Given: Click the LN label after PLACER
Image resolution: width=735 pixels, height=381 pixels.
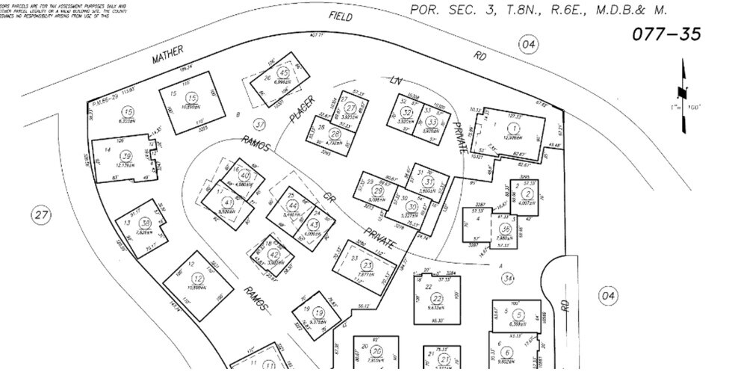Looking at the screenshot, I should coord(397,80).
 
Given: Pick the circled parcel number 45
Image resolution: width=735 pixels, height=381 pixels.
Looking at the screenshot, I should coord(282,72).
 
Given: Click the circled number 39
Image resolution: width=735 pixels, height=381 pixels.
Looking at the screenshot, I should coord(127,155).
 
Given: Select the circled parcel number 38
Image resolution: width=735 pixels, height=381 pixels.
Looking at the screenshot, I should coord(146,223).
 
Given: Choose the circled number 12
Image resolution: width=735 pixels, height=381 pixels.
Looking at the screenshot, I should coord(197,278).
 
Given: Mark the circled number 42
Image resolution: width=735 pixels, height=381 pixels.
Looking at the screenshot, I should coord(273,254).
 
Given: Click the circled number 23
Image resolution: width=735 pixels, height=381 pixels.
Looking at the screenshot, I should coord(367,265).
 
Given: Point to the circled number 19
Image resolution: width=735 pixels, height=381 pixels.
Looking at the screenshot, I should coord(318,313).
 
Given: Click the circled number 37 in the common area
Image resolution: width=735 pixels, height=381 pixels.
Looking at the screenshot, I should coord(259,123).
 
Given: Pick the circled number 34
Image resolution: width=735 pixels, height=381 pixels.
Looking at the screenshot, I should coord(508,279).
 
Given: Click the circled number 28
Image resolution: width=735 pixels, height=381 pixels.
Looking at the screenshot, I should coord(335,134).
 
